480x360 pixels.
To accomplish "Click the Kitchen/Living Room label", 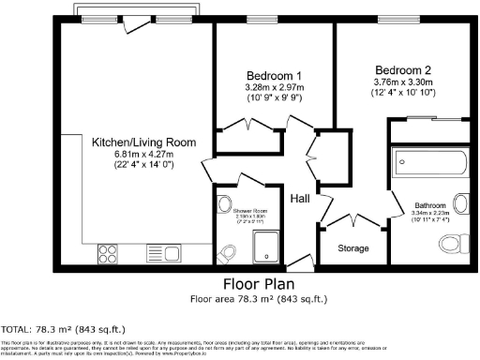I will click(143, 142).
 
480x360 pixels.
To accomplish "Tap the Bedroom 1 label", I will click(274, 76).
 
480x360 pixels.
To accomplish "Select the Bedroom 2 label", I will click(403, 70).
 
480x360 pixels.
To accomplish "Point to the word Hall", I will click(299, 199).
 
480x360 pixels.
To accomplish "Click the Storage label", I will click(352, 248).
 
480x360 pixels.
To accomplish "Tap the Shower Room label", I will click(238, 211).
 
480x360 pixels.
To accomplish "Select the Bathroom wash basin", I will click(461, 203).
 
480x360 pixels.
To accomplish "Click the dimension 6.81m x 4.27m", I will click(143, 155).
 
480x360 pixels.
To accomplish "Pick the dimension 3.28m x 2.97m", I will click(274, 87).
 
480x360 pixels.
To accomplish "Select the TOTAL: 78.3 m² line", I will click(63, 329).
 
